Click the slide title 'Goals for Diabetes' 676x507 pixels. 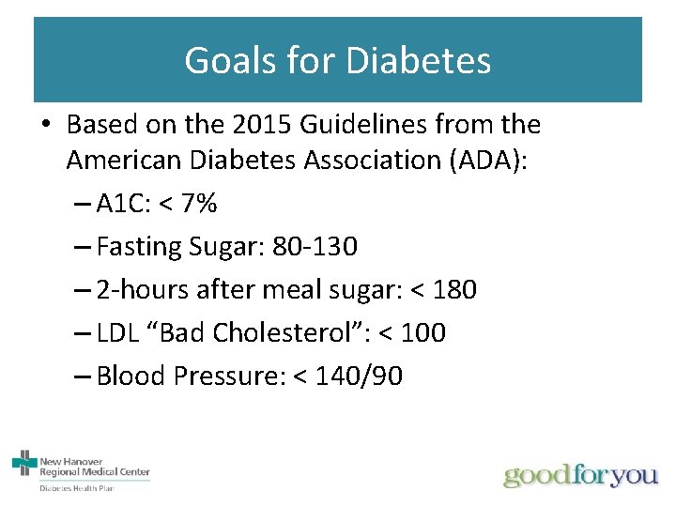point(337,60)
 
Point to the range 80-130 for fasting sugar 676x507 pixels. point(315,247)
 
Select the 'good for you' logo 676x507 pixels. point(581,475)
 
